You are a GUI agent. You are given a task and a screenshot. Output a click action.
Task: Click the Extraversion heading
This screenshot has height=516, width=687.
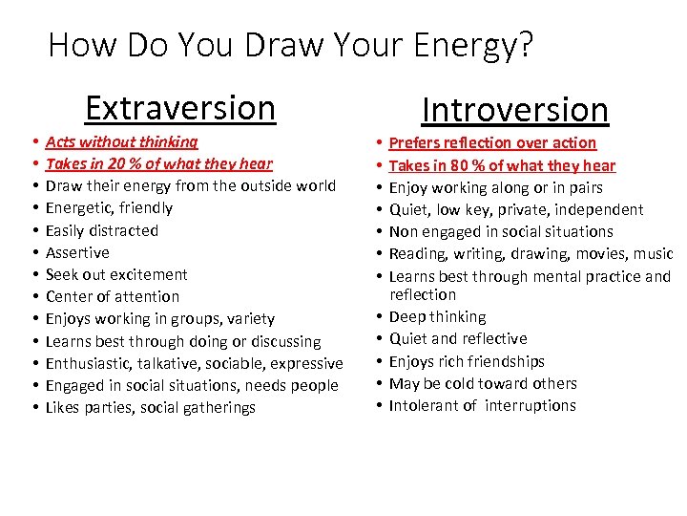[179, 108]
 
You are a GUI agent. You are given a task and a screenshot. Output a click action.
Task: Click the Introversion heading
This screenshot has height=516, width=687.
[514, 110]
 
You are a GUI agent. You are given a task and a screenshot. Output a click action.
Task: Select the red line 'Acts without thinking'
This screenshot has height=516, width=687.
[121, 141]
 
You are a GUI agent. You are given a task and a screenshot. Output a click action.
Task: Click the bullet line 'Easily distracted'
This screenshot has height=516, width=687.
[102, 230]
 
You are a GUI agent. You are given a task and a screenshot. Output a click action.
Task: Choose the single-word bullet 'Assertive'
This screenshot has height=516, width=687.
[77, 252]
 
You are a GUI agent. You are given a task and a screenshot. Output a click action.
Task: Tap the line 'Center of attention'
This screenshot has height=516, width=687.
[112, 296]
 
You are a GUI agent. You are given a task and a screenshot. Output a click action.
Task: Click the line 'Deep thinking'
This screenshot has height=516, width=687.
[437, 316]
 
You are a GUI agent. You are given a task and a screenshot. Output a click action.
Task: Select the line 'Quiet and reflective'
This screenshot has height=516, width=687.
[457, 338]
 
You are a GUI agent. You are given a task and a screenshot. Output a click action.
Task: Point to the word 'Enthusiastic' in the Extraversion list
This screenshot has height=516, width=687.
[91, 363]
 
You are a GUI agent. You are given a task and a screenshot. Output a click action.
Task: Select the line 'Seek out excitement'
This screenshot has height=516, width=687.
[116, 274]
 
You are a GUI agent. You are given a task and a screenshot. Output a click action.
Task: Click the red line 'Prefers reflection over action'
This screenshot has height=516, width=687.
[492, 142]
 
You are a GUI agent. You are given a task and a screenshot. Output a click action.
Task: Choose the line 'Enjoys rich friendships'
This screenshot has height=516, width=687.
[467, 361]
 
